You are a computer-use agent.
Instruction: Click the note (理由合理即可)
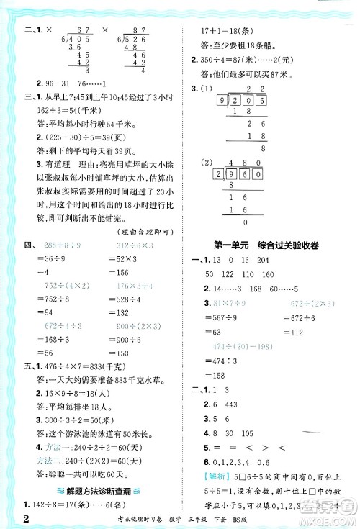tap(149, 229)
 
